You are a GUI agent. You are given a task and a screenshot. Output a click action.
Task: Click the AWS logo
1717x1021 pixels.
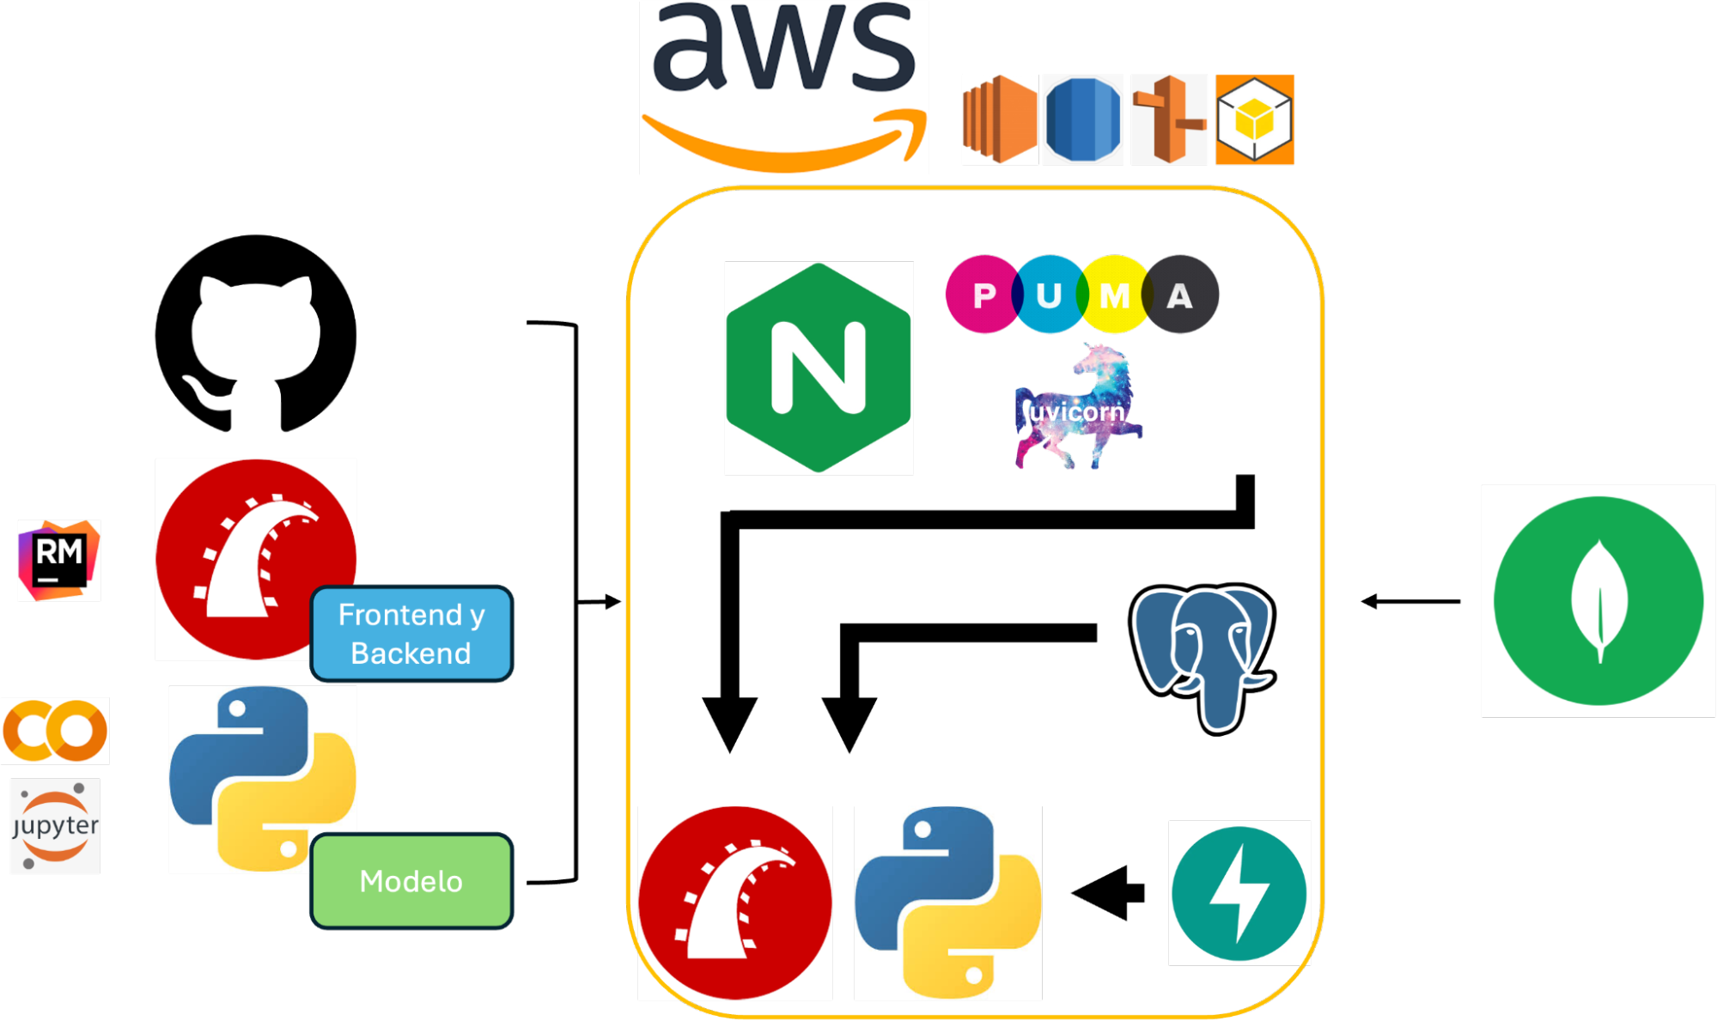[783, 88]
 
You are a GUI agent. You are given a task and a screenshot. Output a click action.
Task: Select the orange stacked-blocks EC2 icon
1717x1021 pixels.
[999, 119]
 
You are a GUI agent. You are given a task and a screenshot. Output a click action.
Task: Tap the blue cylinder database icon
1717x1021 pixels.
[1082, 119]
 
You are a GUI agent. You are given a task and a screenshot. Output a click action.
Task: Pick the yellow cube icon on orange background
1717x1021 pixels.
[1254, 119]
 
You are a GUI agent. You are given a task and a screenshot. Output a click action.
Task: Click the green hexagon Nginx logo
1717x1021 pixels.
[819, 368]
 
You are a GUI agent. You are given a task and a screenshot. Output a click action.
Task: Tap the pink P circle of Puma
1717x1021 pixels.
[981, 295]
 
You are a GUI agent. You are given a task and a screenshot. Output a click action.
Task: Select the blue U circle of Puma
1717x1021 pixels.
[1048, 295]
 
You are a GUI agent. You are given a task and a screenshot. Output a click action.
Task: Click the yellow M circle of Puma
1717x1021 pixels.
[1114, 295]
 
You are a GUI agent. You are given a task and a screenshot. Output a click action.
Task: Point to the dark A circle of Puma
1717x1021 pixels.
[1181, 295]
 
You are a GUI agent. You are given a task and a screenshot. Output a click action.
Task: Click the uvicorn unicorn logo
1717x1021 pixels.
[1079, 409]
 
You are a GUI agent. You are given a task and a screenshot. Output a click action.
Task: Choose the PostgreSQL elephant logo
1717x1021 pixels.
[1202, 657]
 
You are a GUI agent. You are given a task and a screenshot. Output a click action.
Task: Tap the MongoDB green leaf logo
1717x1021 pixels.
[1598, 600]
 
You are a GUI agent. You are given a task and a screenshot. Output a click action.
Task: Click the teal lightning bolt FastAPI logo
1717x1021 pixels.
[1239, 893]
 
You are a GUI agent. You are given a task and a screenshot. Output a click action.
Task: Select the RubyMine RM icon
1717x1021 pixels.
[58, 560]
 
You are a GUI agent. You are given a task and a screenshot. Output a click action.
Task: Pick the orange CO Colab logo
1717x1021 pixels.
[55, 731]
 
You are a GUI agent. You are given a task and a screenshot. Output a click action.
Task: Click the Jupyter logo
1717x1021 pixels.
[55, 826]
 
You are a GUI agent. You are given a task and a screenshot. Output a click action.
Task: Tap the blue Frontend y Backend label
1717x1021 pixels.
[411, 634]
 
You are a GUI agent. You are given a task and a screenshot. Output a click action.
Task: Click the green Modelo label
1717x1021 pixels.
[411, 881]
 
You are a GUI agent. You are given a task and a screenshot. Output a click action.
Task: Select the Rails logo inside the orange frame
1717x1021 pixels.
[735, 902]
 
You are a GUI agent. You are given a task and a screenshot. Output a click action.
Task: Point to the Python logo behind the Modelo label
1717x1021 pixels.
[249, 773]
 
